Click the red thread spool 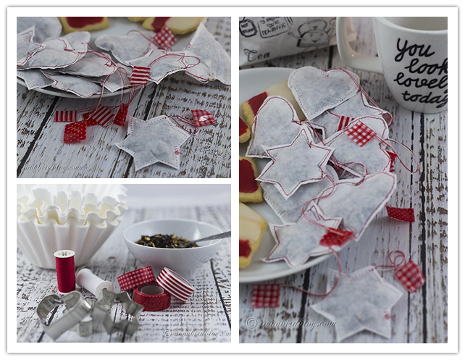65,271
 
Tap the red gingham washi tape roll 135,277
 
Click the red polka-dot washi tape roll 151,298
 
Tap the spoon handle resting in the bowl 210,238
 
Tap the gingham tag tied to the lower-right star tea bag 409,275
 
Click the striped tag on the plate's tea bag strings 139,75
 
